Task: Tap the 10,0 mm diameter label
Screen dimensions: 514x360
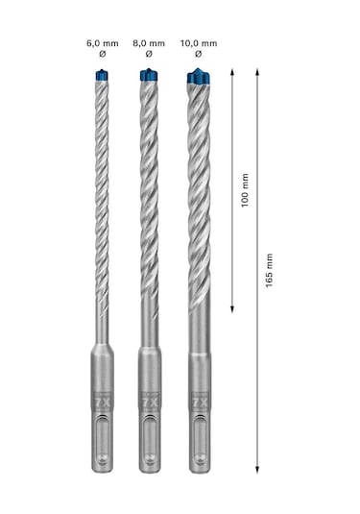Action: pos(199,44)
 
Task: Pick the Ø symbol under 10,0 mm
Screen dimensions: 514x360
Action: pos(199,57)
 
